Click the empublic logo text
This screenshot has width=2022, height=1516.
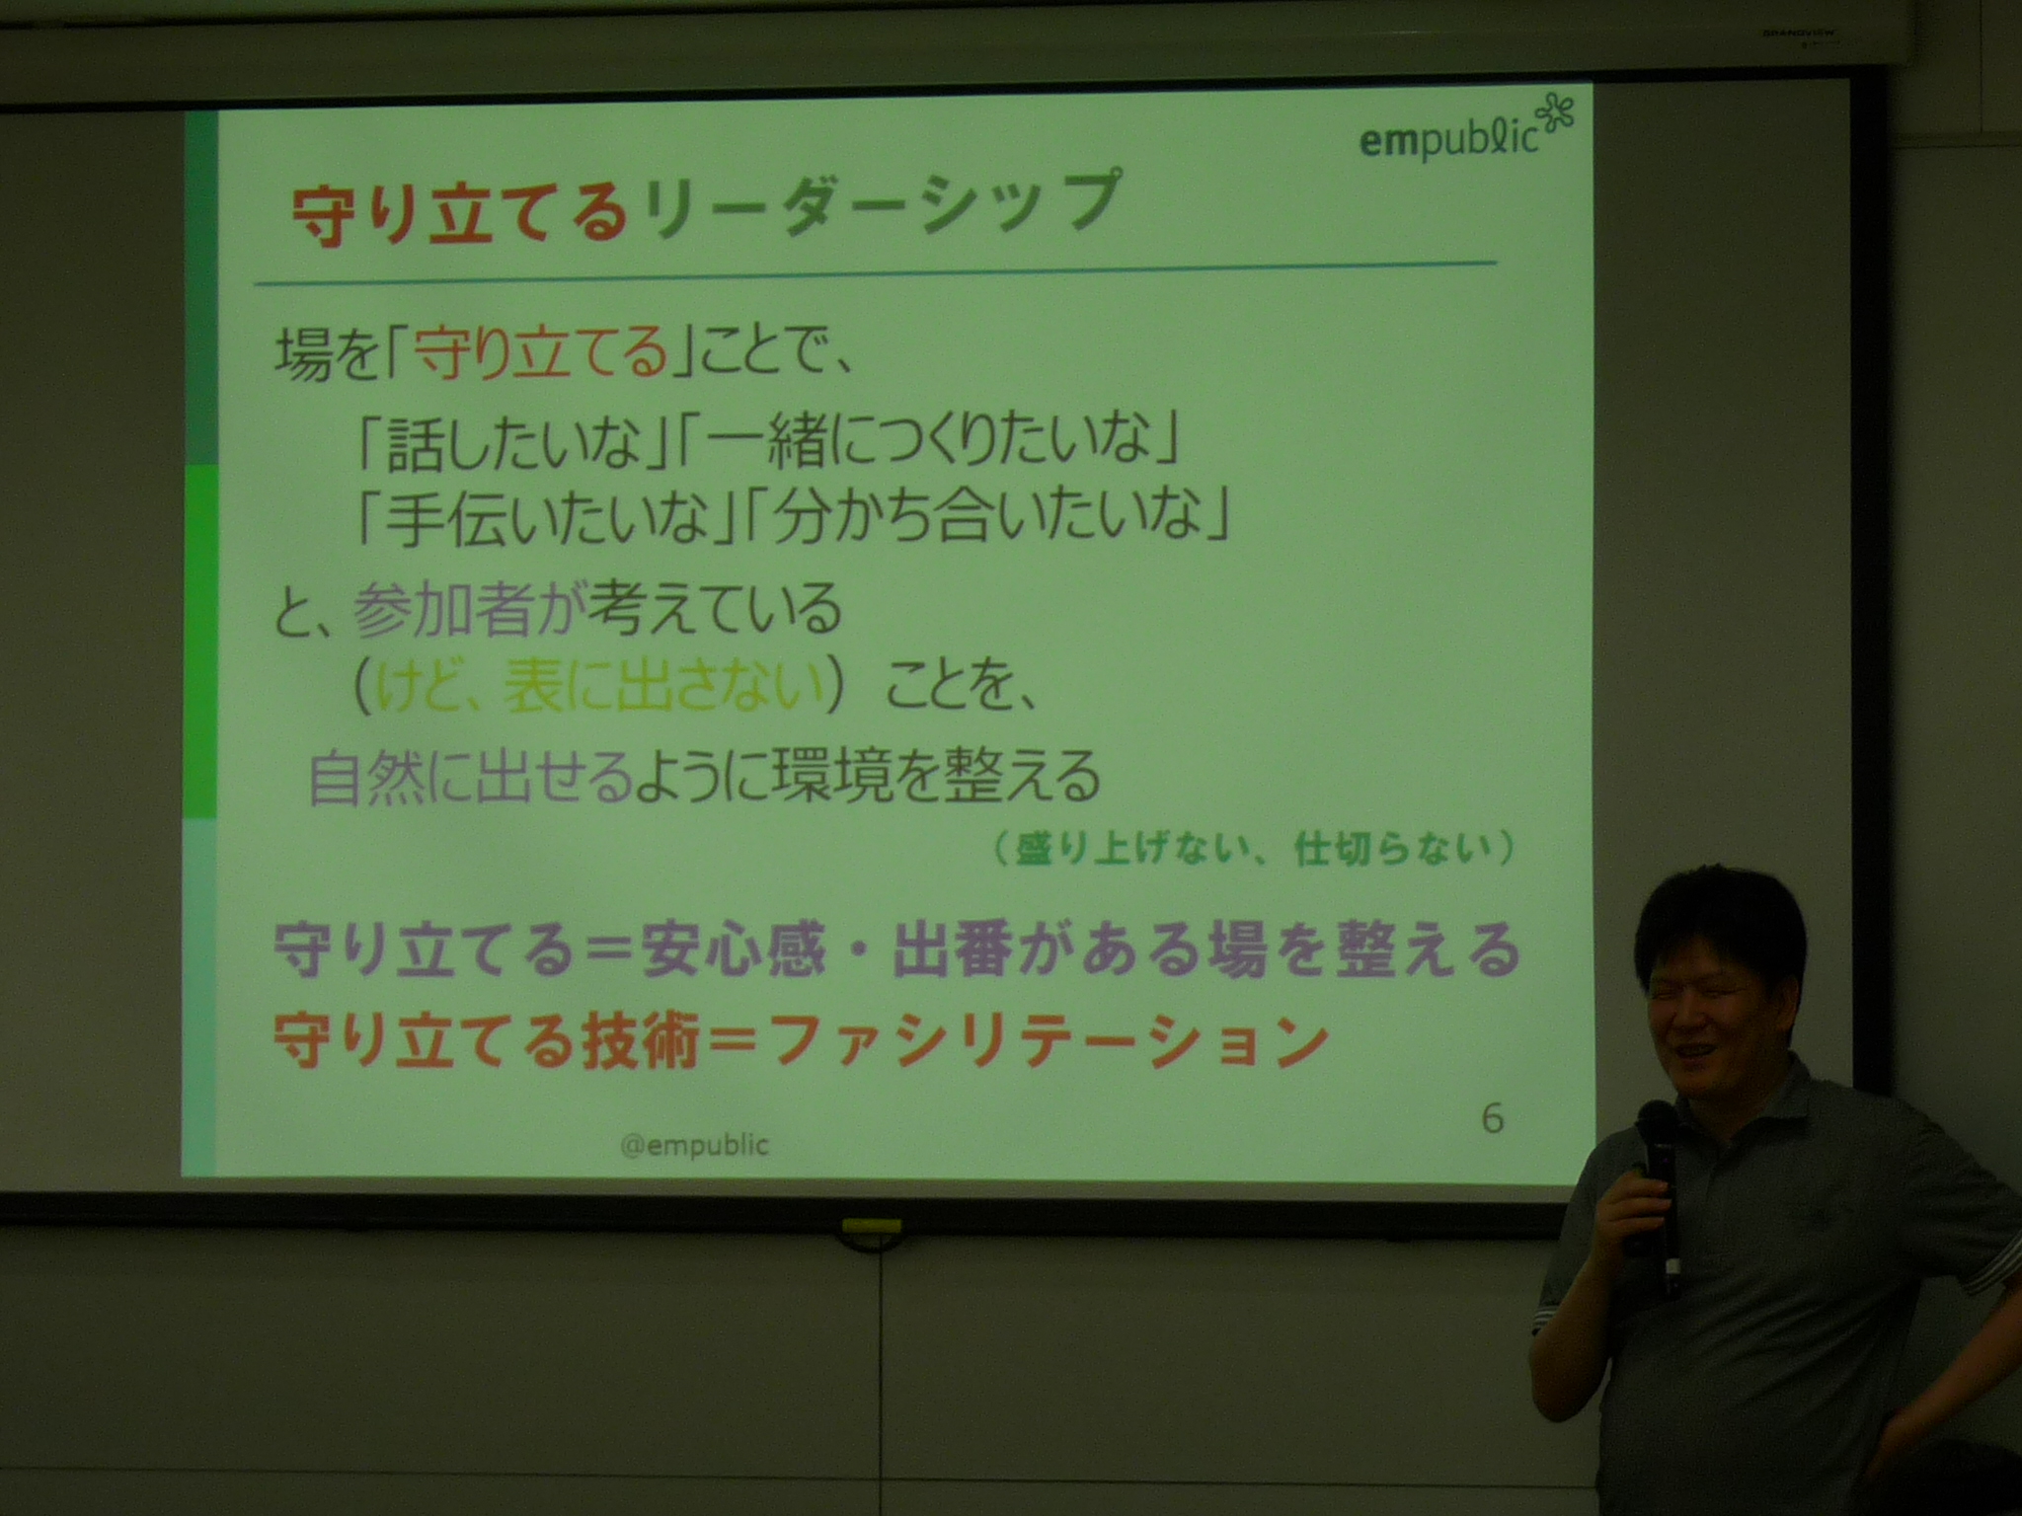[1449, 141]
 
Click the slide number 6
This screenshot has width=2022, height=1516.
[1493, 1119]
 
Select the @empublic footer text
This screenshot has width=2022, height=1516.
[695, 1145]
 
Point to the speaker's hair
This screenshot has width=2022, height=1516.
[1719, 922]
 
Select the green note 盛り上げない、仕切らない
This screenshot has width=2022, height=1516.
[1254, 849]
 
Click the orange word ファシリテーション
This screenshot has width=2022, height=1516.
[1050, 1040]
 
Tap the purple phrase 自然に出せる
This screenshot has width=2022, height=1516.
[470, 778]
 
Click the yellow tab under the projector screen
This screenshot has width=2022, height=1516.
[871, 1227]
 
